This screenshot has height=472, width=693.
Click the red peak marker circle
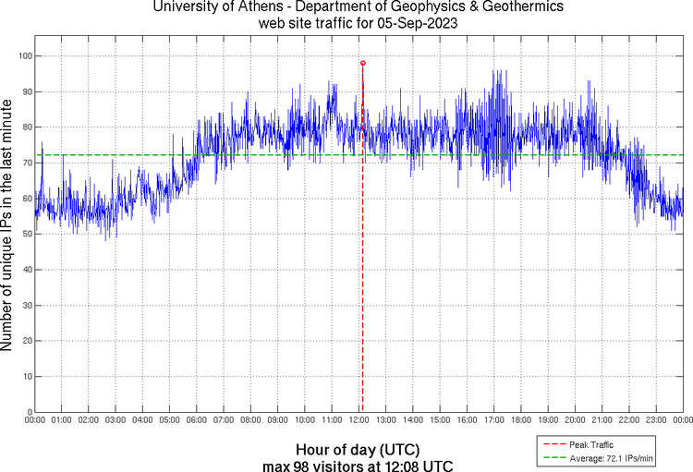tap(362, 63)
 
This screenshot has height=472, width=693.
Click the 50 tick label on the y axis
tap(25, 235)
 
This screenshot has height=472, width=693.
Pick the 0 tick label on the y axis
tap(28, 412)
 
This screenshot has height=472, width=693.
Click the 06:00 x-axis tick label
tap(197, 421)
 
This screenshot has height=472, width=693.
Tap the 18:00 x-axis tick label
tap(520, 421)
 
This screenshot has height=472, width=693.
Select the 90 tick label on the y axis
tap(25, 92)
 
